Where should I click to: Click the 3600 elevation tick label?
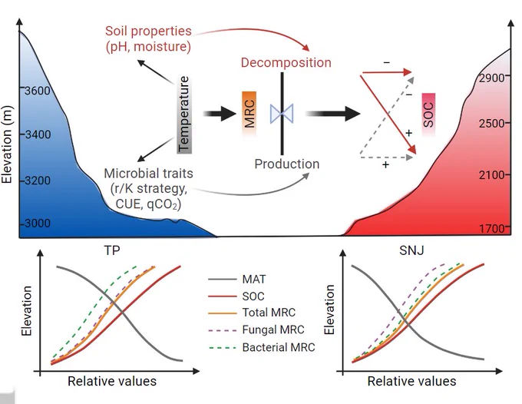(x=38, y=91)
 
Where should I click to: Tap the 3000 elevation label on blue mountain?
(x=38, y=223)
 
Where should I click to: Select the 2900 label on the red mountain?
(x=492, y=78)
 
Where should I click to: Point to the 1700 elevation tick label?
(x=492, y=228)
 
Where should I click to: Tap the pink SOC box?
(x=428, y=114)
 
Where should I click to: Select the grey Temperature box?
(x=184, y=114)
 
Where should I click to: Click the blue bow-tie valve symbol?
(x=282, y=114)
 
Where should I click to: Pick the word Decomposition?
(x=286, y=63)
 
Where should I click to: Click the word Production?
(x=286, y=164)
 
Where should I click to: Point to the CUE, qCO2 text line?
(x=148, y=204)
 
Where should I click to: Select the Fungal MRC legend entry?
(x=256, y=329)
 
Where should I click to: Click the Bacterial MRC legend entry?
(x=261, y=347)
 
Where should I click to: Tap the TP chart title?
(x=112, y=250)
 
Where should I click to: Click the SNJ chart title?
(x=411, y=250)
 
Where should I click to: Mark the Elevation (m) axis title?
(x=7, y=144)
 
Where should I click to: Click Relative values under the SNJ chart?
(x=411, y=381)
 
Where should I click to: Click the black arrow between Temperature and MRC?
(x=220, y=114)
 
